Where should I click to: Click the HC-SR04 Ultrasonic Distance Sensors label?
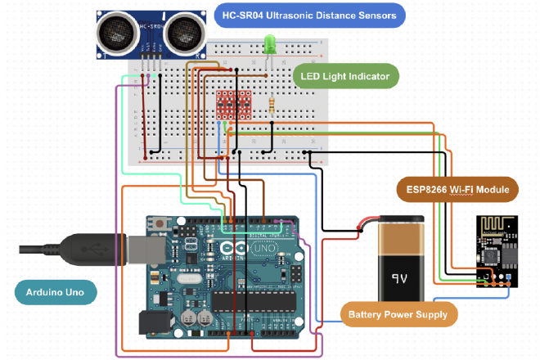(x=309, y=15)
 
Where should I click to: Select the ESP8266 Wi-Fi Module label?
(x=458, y=190)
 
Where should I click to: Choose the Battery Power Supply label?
(x=398, y=314)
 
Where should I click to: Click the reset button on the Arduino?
(x=160, y=223)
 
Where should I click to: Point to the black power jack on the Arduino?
(x=153, y=324)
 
